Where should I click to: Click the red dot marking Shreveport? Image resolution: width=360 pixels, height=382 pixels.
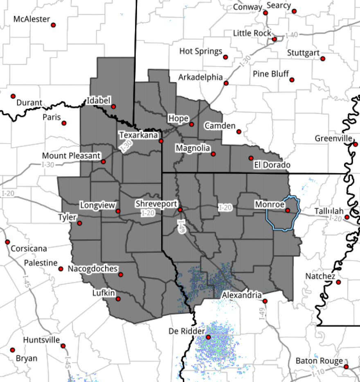[180, 210]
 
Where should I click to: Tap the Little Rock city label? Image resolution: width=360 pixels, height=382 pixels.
[252, 33]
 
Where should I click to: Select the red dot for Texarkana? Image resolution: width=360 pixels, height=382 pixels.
[161, 141]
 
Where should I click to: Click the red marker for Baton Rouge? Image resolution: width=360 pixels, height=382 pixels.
[346, 367]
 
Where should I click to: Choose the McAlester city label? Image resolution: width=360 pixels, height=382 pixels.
[32, 19]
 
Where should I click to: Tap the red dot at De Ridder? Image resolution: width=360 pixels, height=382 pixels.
[208, 337]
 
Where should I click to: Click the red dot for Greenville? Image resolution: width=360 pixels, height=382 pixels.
[355, 144]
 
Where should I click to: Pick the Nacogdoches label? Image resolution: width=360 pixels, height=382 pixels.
[92, 269]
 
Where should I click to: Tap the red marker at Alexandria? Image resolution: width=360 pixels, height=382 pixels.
[265, 301]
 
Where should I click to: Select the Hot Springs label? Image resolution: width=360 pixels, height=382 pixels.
[200, 51]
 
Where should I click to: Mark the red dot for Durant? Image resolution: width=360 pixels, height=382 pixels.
[13, 96]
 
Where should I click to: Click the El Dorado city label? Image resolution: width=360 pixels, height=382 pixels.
[272, 165]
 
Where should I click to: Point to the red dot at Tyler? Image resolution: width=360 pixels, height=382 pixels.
[79, 223]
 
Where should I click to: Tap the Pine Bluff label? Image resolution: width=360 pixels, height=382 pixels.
[270, 74]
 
